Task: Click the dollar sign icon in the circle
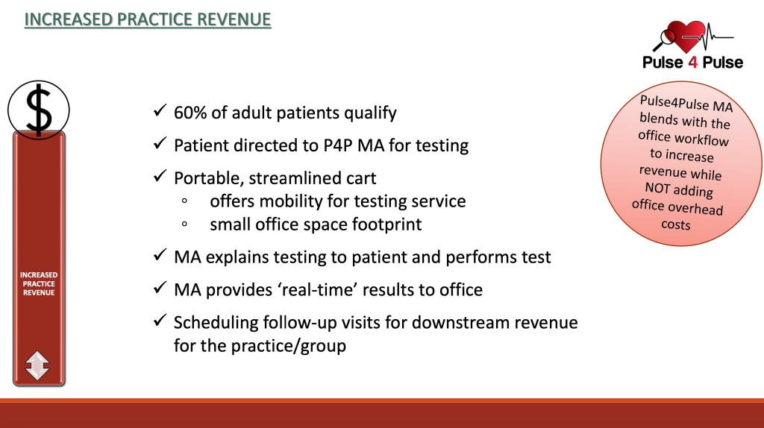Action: click(x=39, y=110)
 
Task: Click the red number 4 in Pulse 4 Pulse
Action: click(x=692, y=63)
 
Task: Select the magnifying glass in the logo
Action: click(x=665, y=40)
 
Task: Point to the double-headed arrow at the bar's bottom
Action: click(x=37, y=365)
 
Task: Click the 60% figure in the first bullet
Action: click(x=190, y=113)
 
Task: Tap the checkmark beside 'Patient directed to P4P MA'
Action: click(x=160, y=143)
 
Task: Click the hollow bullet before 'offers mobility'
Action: click(x=184, y=201)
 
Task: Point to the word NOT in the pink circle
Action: click(x=657, y=188)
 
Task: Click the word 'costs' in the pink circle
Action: click(x=676, y=224)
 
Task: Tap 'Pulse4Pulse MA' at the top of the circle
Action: click(x=686, y=103)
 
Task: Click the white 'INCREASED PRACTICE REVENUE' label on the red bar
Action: click(x=39, y=284)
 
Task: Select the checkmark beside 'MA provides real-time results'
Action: click(x=160, y=288)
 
